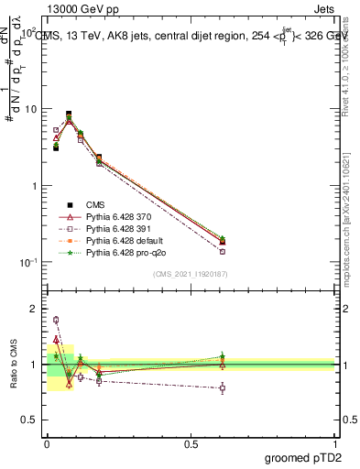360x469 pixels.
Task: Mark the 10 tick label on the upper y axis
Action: (30, 109)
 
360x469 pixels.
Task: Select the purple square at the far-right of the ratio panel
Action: (223, 388)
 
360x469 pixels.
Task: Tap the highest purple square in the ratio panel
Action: (56, 320)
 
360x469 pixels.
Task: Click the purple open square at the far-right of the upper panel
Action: (223, 251)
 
